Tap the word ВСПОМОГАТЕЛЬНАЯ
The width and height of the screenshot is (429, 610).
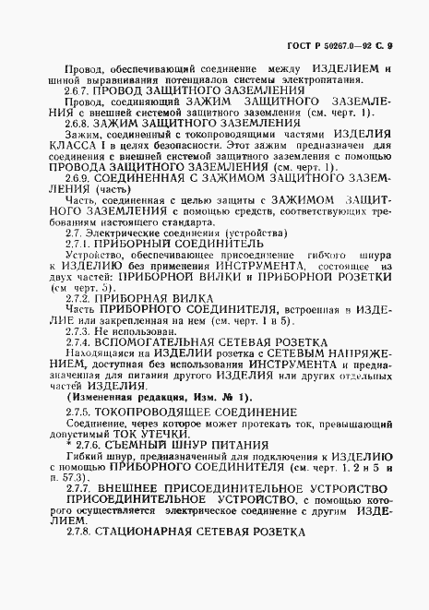pos(173,345)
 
